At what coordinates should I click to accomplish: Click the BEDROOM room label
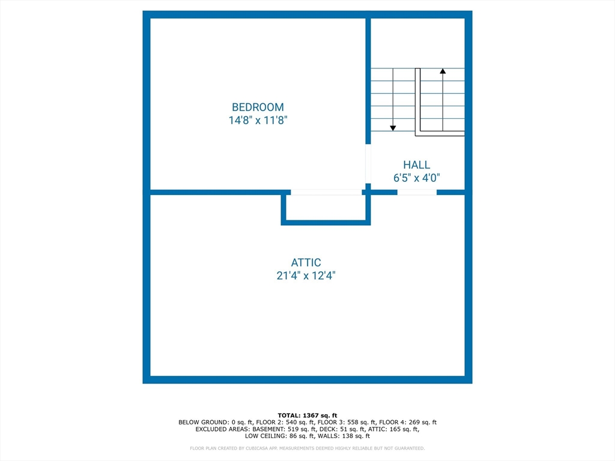[x=258, y=107]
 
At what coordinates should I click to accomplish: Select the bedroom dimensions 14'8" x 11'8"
[x=258, y=120]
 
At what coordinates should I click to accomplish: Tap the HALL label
[x=416, y=164]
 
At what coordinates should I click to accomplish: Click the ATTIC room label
[x=306, y=262]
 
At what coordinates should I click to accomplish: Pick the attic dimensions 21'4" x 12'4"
[x=306, y=276]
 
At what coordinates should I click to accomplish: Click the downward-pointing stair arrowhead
[x=393, y=127]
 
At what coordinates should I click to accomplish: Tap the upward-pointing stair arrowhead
[x=443, y=71]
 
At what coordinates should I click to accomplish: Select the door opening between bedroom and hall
[x=368, y=164]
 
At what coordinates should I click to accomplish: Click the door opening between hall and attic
[x=417, y=192]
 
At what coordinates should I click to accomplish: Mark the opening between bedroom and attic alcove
[x=326, y=192]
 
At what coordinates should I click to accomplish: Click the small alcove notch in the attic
[x=326, y=208]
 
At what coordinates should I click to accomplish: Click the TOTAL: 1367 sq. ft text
[x=307, y=415]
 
